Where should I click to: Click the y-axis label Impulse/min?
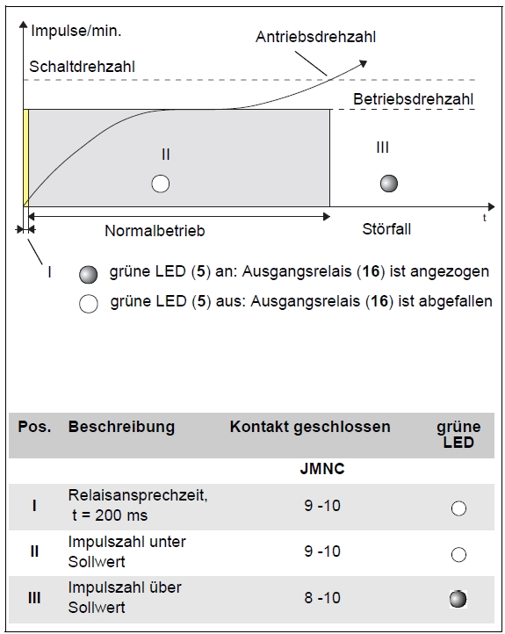pyautogui.click(x=76, y=31)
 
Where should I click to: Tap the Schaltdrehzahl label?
pyautogui.click(x=82, y=67)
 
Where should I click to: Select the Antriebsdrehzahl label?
pyautogui.click(x=316, y=37)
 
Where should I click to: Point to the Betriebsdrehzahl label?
pyautogui.click(x=413, y=99)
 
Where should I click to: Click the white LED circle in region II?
pyautogui.click(x=161, y=184)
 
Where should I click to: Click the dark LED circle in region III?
pyautogui.click(x=389, y=184)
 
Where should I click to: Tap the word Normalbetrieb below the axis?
pyautogui.click(x=155, y=231)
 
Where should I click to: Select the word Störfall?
pyautogui.click(x=386, y=229)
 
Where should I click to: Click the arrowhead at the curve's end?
pyautogui.click(x=363, y=63)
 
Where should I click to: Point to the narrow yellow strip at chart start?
pyautogui.click(x=25, y=158)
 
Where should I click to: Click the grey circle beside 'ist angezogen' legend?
pyautogui.click(x=89, y=275)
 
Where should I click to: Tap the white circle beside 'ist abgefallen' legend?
pyautogui.click(x=89, y=304)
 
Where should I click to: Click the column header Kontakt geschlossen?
pyautogui.click(x=310, y=427)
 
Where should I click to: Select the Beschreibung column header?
pyautogui.click(x=121, y=427)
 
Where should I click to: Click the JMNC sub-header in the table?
pyautogui.click(x=322, y=469)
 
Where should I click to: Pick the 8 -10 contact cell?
pyautogui.click(x=322, y=598)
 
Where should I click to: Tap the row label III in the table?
pyautogui.click(x=34, y=598)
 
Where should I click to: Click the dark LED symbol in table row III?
pyautogui.click(x=458, y=599)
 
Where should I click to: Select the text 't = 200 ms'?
pyautogui.click(x=110, y=515)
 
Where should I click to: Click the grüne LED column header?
pyautogui.click(x=458, y=435)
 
